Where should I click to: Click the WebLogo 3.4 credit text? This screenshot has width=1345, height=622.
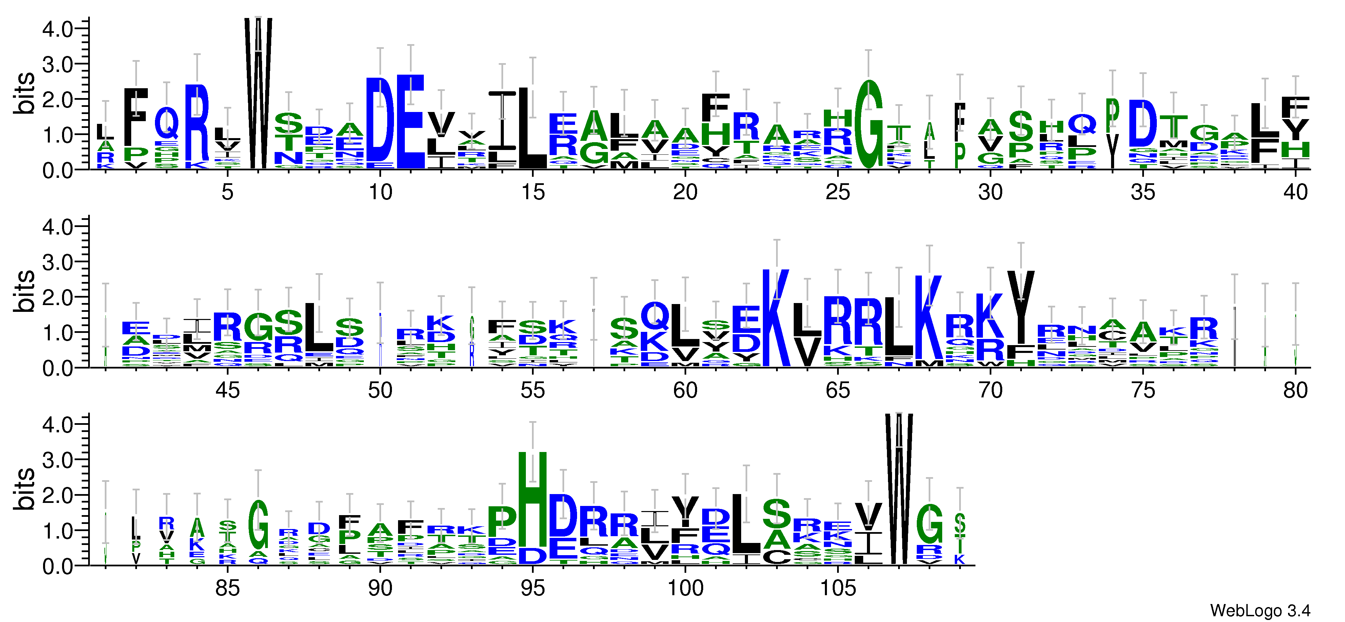[1259, 610]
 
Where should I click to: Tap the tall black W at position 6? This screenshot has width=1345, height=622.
[258, 94]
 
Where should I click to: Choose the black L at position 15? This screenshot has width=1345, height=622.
[533, 128]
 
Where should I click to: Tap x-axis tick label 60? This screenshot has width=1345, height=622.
[685, 391]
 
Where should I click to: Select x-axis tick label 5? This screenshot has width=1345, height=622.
[227, 192]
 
